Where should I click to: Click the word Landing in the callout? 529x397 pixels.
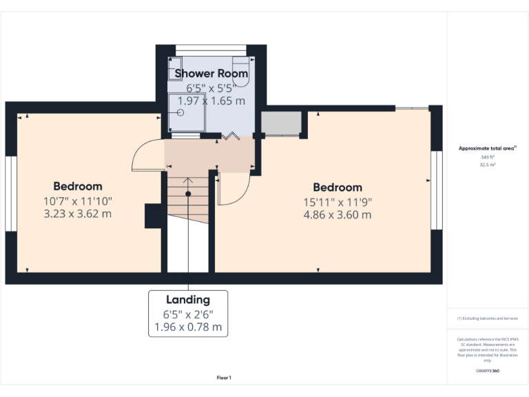[187, 300]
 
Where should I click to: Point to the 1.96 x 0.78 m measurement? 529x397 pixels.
[187, 327]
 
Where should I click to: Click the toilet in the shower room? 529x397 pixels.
[240, 71]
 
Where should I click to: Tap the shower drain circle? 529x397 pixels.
[181, 112]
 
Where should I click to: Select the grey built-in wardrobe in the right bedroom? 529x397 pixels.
[281, 123]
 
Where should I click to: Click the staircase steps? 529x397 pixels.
[188, 200]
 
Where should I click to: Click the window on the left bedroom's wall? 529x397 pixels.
[10, 194]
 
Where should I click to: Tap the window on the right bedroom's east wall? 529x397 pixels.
[435, 189]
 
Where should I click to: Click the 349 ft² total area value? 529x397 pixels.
[488, 158]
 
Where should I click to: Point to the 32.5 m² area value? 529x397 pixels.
[488, 165]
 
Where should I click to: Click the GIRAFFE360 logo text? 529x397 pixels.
[488, 371]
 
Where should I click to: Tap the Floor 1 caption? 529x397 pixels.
[224, 378]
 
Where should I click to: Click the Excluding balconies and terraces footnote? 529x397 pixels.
[487, 318]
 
